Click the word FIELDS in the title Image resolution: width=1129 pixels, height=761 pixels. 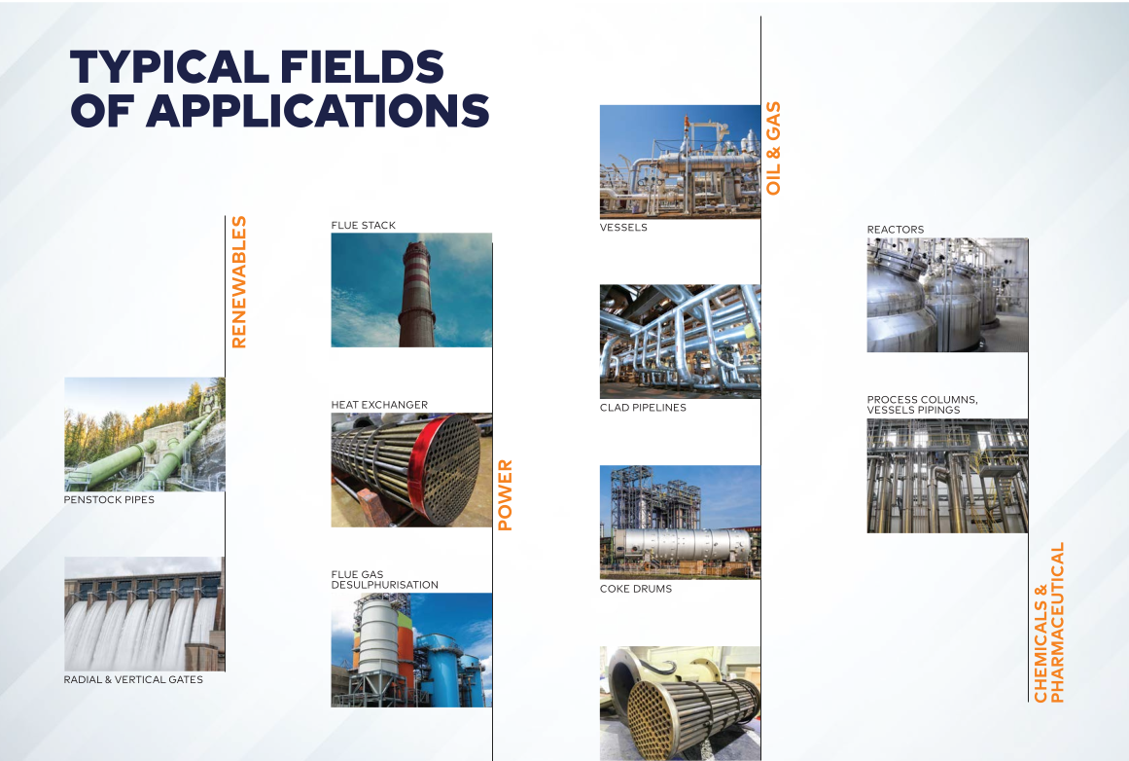[362, 66]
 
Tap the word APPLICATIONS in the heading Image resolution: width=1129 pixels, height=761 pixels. [318, 110]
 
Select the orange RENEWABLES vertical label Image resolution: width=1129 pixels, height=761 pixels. [239, 282]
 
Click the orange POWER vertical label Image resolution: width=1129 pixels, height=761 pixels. [505, 495]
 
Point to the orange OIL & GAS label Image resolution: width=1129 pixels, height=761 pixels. [773, 148]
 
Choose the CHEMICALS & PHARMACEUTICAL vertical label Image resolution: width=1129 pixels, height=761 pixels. [1048, 623]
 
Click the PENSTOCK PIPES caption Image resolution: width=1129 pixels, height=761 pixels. [109, 499]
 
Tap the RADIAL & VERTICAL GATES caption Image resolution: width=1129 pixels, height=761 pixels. [133, 679]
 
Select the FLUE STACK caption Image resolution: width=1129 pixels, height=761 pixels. [364, 225]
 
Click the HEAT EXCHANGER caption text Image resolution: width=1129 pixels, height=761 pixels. [379, 405]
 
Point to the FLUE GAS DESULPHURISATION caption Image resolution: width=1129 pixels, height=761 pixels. [384, 579]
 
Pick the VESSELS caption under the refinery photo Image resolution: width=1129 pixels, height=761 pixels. [623, 227]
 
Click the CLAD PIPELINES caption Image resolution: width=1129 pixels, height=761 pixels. [643, 407]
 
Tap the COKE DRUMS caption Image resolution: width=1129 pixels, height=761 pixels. [636, 589]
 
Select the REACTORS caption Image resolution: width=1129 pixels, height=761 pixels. [895, 229]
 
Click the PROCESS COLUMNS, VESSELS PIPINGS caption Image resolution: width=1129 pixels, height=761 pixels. [922, 404]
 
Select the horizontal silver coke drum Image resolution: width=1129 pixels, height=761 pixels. [680, 546]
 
